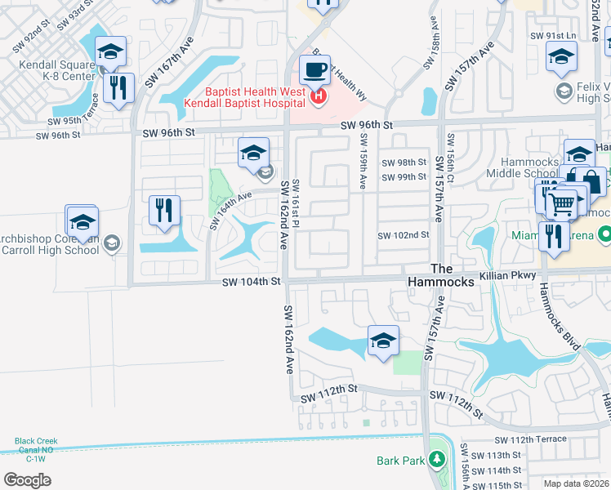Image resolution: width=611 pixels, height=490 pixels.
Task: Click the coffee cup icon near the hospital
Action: coord(315,71)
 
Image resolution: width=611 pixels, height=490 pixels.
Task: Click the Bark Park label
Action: coord(401,461)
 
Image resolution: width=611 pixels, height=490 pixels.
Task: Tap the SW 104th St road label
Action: coord(252,282)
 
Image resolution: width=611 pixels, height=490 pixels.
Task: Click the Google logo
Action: coord(27,479)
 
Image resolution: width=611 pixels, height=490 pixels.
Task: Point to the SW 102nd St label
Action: coord(403,235)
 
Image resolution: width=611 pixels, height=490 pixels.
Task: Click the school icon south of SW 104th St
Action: coord(382,341)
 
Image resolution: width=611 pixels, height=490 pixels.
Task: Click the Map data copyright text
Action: coord(577,483)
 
